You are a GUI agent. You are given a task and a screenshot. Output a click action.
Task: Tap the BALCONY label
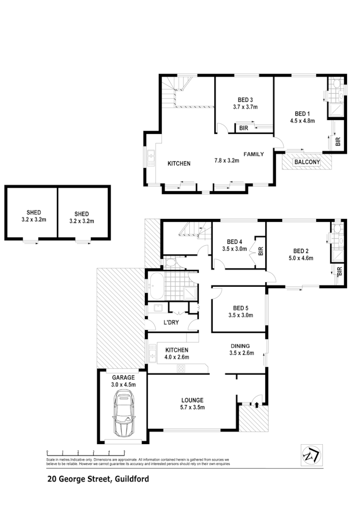(307, 162)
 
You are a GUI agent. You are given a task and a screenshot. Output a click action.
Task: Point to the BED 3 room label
(245, 100)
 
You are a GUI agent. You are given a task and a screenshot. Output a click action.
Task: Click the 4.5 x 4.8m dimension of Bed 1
(302, 121)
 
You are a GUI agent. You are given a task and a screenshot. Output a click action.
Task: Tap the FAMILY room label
(253, 154)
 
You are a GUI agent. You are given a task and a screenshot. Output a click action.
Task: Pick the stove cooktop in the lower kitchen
(182, 368)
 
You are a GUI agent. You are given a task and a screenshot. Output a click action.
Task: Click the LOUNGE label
(192, 400)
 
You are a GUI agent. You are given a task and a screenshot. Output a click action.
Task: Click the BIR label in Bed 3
(241, 128)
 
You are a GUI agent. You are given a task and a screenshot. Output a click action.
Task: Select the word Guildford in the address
(131, 479)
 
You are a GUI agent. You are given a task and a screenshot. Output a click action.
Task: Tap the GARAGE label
(123, 377)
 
